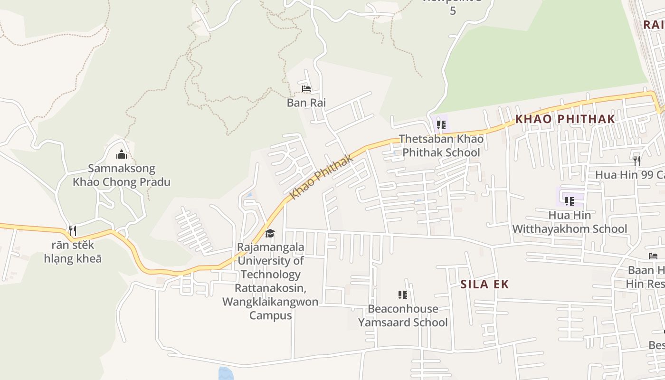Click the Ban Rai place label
pyautogui.click(x=306, y=103)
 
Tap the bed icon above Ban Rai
pyautogui.click(x=306, y=89)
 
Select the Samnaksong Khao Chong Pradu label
pyautogui.click(x=122, y=175)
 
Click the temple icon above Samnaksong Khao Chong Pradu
pyautogui.click(x=122, y=154)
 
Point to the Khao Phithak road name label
pyautogui.click(x=322, y=177)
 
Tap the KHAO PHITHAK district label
pyautogui.click(x=565, y=119)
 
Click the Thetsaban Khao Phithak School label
pyautogui.click(x=441, y=146)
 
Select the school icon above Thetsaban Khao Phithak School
pyautogui.click(x=441, y=125)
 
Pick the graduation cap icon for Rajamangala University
pyautogui.click(x=270, y=233)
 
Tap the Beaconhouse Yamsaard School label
pyautogui.click(x=403, y=316)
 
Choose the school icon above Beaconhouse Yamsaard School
pyautogui.click(x=403, y=295)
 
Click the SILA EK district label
pyautogui.click(x=484, y=285)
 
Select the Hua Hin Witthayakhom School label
pyautogui.click(x=570, y=222)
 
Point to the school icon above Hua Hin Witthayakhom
pyautogui.click(x=569, y=201)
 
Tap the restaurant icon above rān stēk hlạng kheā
pyautogui.click(x=73, y=231)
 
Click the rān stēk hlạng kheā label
pyautogui.click(x=73, y=252)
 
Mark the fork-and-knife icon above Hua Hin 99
pyautogui.click(x=637, y=161)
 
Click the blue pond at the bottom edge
pyautogui.click(x=227, y=374)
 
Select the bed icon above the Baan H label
pyautogui.click(x=653, y=256)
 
